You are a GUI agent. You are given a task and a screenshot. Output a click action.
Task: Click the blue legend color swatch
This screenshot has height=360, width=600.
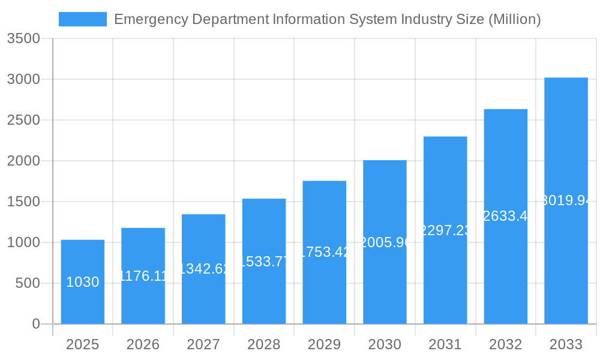click(x=82, y=19)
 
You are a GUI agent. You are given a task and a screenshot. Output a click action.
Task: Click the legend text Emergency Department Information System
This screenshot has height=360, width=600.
click(x=327, y=19)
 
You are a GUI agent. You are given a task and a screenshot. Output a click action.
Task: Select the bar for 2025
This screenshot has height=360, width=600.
click(x=83, y=282)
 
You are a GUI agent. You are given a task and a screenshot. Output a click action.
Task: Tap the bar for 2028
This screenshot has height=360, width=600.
click(x=264, y=262)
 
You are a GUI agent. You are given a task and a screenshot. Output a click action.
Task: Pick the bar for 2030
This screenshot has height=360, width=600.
click(x=385, y=242)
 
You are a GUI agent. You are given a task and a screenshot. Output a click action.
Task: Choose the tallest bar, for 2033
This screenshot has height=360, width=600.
click(x=566, y=201)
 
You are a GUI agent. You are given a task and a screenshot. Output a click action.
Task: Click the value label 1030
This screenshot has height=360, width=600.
click(x=83, y=282)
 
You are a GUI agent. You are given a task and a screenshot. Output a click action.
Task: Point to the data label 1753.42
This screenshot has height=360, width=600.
click(x=325, y=252)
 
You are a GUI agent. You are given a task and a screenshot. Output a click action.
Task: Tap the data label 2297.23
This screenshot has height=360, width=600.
click(x=445, y=230)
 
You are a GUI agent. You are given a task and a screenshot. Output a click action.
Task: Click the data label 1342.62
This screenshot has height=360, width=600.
click(x=204, y=269)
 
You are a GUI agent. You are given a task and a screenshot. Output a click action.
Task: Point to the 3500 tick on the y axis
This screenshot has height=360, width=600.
click(x=23, y=38)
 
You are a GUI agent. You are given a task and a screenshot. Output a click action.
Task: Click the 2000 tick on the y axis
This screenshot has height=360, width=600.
click(x=23, y=161)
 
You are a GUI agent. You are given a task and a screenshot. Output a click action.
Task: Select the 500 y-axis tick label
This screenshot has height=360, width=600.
click(x=28, y=283)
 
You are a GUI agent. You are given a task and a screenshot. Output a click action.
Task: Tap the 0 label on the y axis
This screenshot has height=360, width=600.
click(x=35, y=324)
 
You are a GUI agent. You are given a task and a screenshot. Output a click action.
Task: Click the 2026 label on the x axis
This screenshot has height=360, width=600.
click(x=143, y=344)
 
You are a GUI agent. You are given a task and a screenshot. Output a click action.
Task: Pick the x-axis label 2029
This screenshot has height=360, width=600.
click(x=325, y=344)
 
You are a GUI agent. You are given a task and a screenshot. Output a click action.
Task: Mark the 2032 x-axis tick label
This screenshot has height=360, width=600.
click(x=506, y=344)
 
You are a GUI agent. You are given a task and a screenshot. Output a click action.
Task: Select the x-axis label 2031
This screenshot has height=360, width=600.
click(x=445, y=344)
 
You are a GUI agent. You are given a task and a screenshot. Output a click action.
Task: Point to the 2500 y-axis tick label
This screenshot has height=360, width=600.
click(x=23, y=120)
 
